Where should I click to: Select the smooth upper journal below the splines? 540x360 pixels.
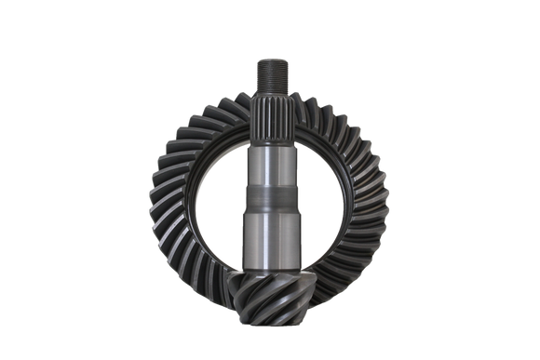[269, 167]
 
